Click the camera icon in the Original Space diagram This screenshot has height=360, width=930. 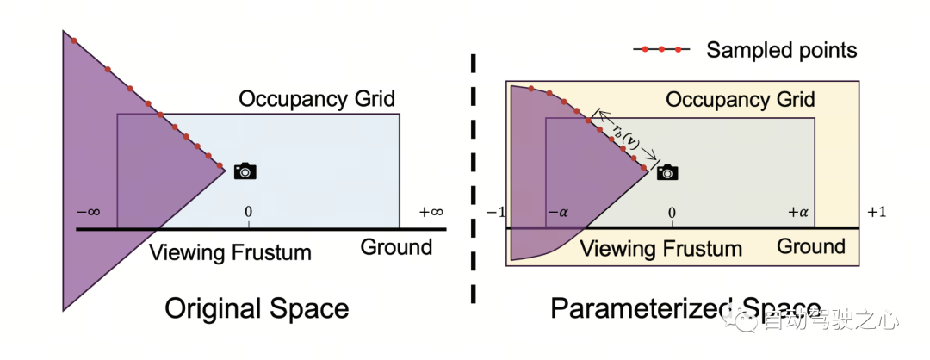(245, 171)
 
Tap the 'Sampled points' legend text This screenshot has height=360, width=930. (781, 50)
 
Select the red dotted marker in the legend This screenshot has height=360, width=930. (662, 50)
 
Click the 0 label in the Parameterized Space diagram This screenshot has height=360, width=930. (672, 212)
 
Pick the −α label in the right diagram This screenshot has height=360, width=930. (558, 212)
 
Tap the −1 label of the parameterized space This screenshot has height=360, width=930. (494, 212)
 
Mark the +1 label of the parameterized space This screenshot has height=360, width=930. (877, 212)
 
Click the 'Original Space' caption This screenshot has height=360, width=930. (257, 308)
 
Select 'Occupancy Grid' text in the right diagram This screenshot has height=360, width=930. (741, 99)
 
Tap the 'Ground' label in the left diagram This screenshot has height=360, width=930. (396, 248)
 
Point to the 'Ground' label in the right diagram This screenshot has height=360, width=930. (811, 247)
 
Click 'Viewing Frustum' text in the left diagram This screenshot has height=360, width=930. (230, 252)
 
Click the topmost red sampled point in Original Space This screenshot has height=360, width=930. (74, 40)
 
